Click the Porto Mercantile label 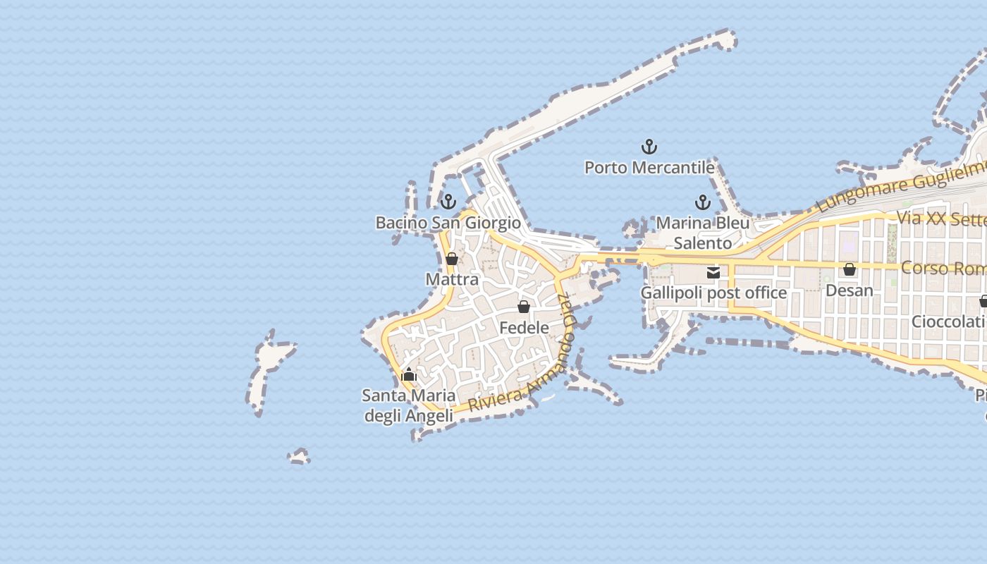(649, 168)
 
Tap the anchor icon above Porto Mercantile (649, 147)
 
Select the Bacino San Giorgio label (448, 223)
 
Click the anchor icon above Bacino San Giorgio (448, 202)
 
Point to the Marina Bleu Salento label (703, 233)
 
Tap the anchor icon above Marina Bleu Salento (703, 203)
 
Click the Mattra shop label (452, 279)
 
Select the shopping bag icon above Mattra (452, 259)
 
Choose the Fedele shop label (524, 327)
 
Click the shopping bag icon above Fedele (524, 307)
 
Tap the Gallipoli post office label (713, 293)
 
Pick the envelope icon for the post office (713, 272)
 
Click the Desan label (849, 290)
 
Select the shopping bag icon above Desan (850, 269)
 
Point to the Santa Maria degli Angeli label (408, 405)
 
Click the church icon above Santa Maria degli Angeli (409, 374)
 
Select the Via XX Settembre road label (942, 219)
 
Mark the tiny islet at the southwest (299, 457)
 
